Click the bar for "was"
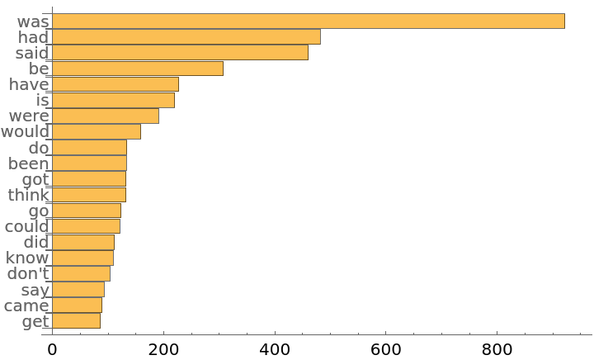click(x=308, y=21)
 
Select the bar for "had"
click(x=186, y=37)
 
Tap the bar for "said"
click(x=180, y=53)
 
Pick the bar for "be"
click(x=137, y=69)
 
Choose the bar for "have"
click(x=115, y=84)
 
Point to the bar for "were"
click(x=105, y=116)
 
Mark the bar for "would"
click(x=96, y=131)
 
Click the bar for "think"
click(x=88, y=195)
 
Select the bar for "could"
click(x=86, y=226)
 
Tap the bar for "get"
click(x=76, y=321)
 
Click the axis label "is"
click(x=43, y=100)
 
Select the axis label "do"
click(x=39, y=148)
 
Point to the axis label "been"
click(x=29, y=163)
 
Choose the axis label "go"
click(x=39, y=211)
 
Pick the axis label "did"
click(x=36, y=242)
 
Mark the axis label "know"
click(x=26, y=258)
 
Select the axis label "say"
click(x=35, y=290)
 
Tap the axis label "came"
click(x=26, y=306)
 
